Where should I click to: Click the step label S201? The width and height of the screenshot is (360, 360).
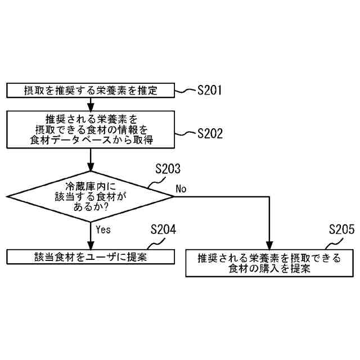[210, 90]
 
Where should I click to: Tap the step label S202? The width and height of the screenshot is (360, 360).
[210, 134]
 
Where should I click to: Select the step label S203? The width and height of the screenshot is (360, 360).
[168, 169]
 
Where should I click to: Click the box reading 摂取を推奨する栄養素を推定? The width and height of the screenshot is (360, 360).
[90, 90]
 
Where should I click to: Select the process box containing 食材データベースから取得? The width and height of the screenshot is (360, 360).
[90, 129]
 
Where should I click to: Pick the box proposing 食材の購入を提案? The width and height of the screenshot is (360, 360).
[269, 263]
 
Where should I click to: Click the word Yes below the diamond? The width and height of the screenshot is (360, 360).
[103, 229]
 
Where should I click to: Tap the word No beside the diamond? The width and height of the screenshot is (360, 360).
[181, 188]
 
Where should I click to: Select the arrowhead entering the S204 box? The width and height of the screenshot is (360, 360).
[90, 246]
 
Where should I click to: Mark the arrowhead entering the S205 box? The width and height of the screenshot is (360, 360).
[269, 246]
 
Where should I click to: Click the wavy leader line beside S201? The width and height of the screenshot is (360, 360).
[185, 90]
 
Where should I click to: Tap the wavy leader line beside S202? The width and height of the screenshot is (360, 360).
[185, 134]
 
